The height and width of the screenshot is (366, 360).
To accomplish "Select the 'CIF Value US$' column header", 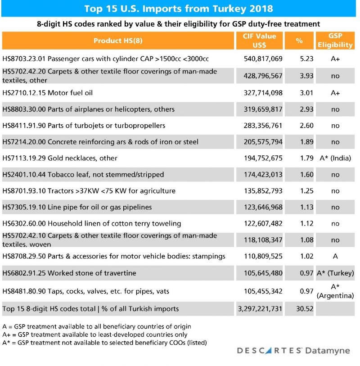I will click(x=260, y=41).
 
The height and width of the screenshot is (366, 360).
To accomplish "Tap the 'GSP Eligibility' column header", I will click(x=335, y=41).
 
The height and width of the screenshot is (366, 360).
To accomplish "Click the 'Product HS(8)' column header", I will click(x=118, y=41).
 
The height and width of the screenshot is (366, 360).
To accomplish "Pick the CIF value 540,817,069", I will click(x=260, y=59).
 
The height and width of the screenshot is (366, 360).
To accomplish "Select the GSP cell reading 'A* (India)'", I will click(x=335, y=158).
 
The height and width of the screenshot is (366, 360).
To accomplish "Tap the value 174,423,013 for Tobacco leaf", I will click(x=260, y=174).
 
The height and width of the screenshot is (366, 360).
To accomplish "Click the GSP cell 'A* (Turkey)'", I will click(x=335, y=273).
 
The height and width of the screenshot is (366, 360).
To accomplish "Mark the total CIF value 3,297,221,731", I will click(x=259, y=308).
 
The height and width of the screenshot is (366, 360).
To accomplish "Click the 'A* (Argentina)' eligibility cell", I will click(x=335, y=291).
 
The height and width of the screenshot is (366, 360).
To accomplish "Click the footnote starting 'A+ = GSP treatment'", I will click(x=94, y=334).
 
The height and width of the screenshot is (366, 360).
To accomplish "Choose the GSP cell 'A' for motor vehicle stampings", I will click(x=335, y=256).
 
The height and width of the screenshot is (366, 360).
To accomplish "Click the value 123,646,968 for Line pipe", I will click(x=260, y=207).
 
